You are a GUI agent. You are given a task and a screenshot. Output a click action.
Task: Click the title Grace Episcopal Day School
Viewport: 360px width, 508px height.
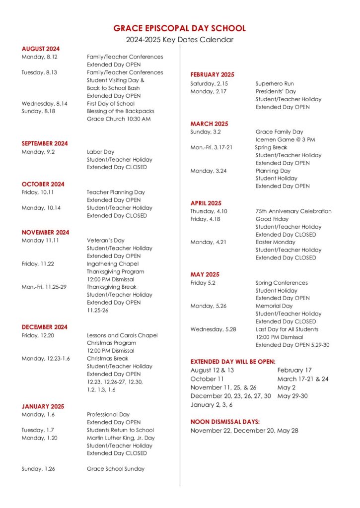pyautogui.click(x=179, y=29)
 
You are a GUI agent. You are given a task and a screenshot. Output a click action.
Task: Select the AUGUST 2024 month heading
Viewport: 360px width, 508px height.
pyautogui.click(x=41, y=49)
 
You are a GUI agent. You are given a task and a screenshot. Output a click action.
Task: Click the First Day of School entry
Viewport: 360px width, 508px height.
pyautogui.click(x=111, y=104)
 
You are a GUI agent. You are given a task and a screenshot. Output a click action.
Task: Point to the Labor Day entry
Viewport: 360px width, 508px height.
pyautogui.click(x=101, y=152)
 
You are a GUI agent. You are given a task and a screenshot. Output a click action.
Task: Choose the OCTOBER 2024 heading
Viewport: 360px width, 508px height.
pyautogui.click(x=43, y=184)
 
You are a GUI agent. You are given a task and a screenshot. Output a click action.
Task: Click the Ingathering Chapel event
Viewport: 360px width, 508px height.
pyautogui.click(x=113, y=264)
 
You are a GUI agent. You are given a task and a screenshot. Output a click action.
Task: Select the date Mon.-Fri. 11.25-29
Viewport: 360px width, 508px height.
pyautogui.click(x=44, y=287)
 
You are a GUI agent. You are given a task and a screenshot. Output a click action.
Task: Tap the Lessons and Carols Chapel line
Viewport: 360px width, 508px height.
pyautogui.click(x=122, y=335)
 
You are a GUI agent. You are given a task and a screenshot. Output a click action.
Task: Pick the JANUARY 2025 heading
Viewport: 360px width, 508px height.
pyautogui.click(x=43, y=406)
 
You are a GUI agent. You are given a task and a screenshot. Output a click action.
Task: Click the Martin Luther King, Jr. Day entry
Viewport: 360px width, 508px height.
pyautogui.click(x=121, y=438)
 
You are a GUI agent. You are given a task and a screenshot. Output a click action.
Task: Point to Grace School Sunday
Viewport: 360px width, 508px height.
pyautogui.click(x=116, y=469)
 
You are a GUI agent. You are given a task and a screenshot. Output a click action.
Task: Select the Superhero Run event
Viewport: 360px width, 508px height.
pyautogui.click(x=275, y=84)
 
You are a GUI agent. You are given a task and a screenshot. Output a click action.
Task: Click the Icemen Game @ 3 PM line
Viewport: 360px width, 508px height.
pyautogui.click(x=285, y=139)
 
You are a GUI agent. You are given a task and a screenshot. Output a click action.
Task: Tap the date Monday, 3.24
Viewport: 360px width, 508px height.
pyautogui.click(x=209, y=171)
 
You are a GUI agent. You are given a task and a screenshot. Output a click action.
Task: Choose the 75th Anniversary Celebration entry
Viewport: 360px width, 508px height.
pyautogui.click(x=293, y=211)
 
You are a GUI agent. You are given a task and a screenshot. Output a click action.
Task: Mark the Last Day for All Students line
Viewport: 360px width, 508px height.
pyautogui.click(x=287, y=329)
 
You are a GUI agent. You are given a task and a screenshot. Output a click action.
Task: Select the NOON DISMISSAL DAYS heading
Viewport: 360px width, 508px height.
pyautogui.click(x=225, y=422)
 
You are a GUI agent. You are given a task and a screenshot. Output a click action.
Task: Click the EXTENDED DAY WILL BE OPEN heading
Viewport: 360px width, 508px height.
pyautogui.click(x=233, y=362)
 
